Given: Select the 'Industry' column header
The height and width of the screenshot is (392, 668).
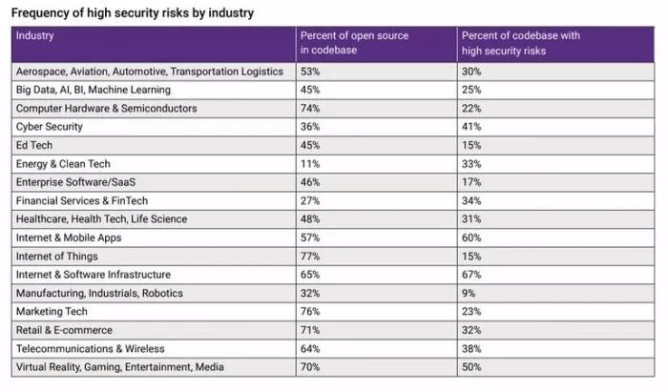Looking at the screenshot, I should [35, 36].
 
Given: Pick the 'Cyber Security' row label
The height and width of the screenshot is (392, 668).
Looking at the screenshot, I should [50, 127].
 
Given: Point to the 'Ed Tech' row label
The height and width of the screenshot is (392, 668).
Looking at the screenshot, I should [34, 145].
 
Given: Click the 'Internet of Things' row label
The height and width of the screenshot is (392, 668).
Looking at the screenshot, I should [56, 257].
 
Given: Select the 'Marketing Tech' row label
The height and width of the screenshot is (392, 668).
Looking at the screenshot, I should [52, 312].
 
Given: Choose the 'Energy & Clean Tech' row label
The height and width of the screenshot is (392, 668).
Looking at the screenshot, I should [63, 164].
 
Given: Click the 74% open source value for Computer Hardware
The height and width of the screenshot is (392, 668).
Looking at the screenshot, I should [309, 109].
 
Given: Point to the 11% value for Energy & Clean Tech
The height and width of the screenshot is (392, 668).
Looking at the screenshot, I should [308, 164].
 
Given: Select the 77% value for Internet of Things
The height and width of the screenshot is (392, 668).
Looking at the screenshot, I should [309, 257].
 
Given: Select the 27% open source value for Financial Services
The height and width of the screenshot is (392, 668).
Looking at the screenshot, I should [309, 201].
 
